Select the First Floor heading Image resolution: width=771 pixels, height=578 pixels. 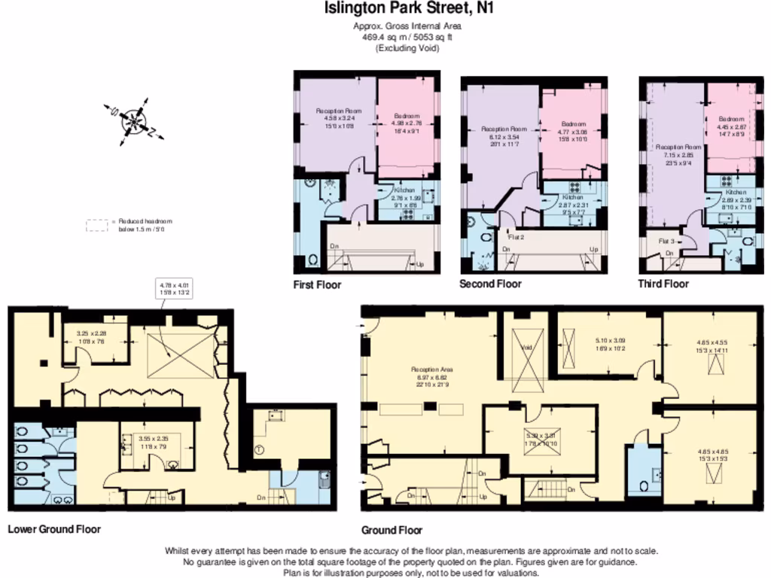pyautogui.click(x=317, y=285)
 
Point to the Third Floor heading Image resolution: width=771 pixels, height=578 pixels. pyautogui.click(x=663, y=284)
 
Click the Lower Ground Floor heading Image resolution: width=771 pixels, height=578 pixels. pyautogui.click(x=54, y=529)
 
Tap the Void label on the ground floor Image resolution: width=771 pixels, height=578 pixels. pyautogui.click(x=526, y=348)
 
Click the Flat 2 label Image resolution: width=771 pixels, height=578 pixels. pyautogui.click(x=516, y=236)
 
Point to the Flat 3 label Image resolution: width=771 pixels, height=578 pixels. pyautogui.click(x=667, y=241)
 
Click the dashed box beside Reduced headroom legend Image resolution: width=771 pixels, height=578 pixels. pyautogui.click(x=97, y=225)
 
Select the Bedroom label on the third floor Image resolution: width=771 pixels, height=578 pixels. pyautogui.click(x=730, y=119)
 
